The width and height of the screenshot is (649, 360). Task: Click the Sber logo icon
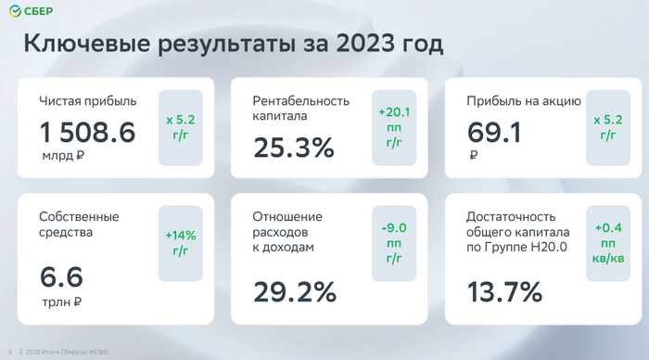15,11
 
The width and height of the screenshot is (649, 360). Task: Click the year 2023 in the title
365,43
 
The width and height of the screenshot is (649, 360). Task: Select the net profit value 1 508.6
87,133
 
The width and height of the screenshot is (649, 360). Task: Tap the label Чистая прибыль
88,101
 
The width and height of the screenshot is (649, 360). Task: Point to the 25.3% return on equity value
294,148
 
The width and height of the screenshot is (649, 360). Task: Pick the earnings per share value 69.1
494,133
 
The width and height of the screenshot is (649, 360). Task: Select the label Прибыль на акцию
524,101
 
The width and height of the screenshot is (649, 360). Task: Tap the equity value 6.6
62,276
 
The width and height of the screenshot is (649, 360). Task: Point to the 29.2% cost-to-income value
295,292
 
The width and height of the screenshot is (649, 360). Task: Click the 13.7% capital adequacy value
504,292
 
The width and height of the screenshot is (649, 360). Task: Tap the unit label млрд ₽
63,156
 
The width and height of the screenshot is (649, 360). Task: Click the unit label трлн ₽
62,302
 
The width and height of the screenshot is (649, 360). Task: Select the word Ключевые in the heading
87,43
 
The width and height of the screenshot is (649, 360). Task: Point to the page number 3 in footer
10,353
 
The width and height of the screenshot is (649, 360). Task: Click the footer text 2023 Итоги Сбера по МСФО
67,353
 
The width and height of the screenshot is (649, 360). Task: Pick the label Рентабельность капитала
301,109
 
